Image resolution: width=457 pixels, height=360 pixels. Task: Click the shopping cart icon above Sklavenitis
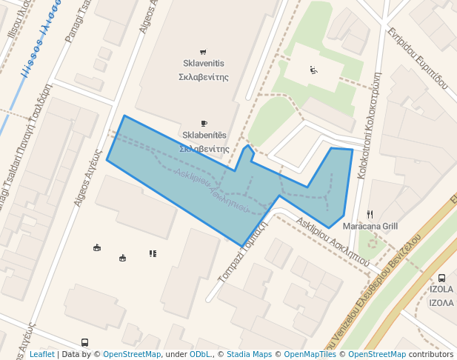coord(204,52)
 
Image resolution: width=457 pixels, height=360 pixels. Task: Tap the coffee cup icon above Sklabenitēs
coord(204,123)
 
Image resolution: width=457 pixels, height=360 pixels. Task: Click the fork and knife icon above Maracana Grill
coord(370,214)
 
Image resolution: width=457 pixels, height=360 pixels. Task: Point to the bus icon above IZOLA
coord(441,278)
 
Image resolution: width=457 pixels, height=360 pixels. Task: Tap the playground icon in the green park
coord(313,70)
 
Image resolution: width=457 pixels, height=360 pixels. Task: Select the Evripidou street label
coord(417,60)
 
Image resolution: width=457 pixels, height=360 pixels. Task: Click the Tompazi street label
coord(242,262)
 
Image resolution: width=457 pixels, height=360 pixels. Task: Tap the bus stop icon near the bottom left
coord(85,343)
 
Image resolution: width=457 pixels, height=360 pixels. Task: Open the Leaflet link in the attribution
coord(41,355)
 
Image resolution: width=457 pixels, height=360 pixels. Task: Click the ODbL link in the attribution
coord(200,355)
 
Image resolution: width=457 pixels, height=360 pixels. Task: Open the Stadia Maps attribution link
coord(249,355)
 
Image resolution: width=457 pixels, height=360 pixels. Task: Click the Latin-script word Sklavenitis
coord(204,64)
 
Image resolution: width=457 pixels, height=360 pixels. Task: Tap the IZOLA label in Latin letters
coord(441,290)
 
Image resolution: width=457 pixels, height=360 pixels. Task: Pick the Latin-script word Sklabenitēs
coord(204,136)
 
